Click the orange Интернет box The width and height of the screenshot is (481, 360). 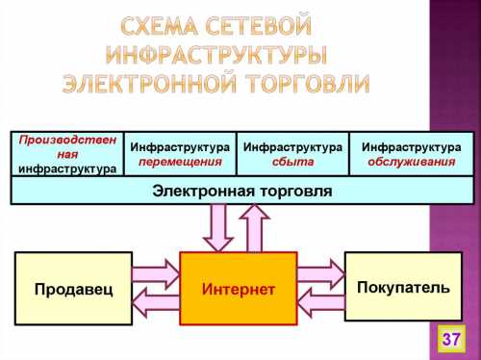tap(238, 289)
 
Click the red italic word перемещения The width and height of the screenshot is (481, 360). tap(180, 162)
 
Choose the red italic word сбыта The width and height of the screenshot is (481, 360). tap(292, 162)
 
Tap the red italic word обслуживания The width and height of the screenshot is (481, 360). tap(411, 162)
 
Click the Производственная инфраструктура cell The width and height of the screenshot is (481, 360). tap(66, 154)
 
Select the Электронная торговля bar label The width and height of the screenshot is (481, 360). tap(242, 191)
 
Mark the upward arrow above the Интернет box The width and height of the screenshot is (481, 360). tap(256, 227)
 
